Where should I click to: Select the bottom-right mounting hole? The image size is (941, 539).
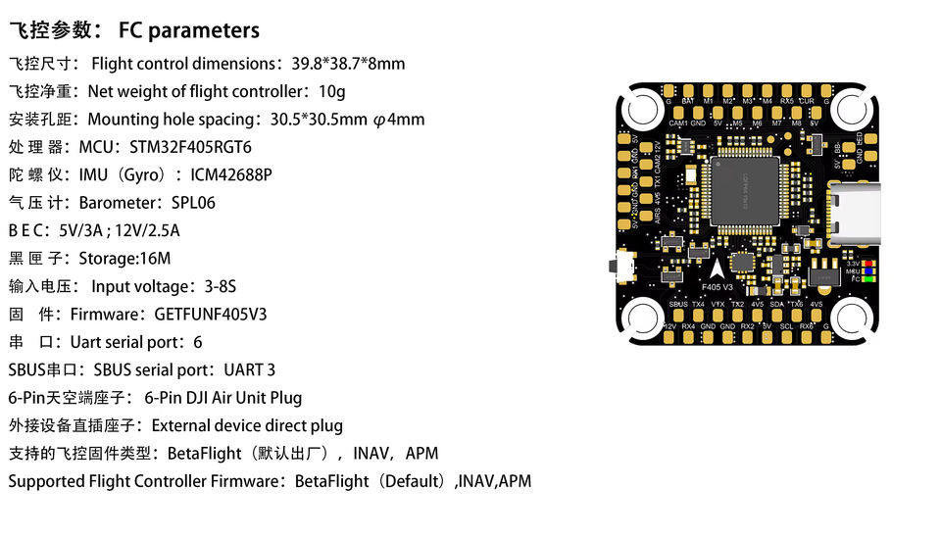[x=840, y=316]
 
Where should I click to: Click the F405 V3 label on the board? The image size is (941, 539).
[x=719, y=287]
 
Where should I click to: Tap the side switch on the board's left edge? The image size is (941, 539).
[x=619, y=266]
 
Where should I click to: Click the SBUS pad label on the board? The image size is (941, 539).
[x=678, y=305]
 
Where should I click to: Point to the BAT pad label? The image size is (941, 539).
[x=688, y=101]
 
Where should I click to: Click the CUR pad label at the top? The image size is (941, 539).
[x=807, y=101]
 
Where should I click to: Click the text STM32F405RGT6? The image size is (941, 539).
[x=190, y=147]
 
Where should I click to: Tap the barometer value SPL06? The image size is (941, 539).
[x=192, y=203]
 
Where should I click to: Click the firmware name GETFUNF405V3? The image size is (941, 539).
[x=210, y=315]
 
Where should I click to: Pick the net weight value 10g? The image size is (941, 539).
[x=331, y=91]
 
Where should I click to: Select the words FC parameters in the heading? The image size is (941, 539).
[x=188, y=30]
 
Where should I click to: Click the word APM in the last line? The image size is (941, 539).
[x=514, y=481]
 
